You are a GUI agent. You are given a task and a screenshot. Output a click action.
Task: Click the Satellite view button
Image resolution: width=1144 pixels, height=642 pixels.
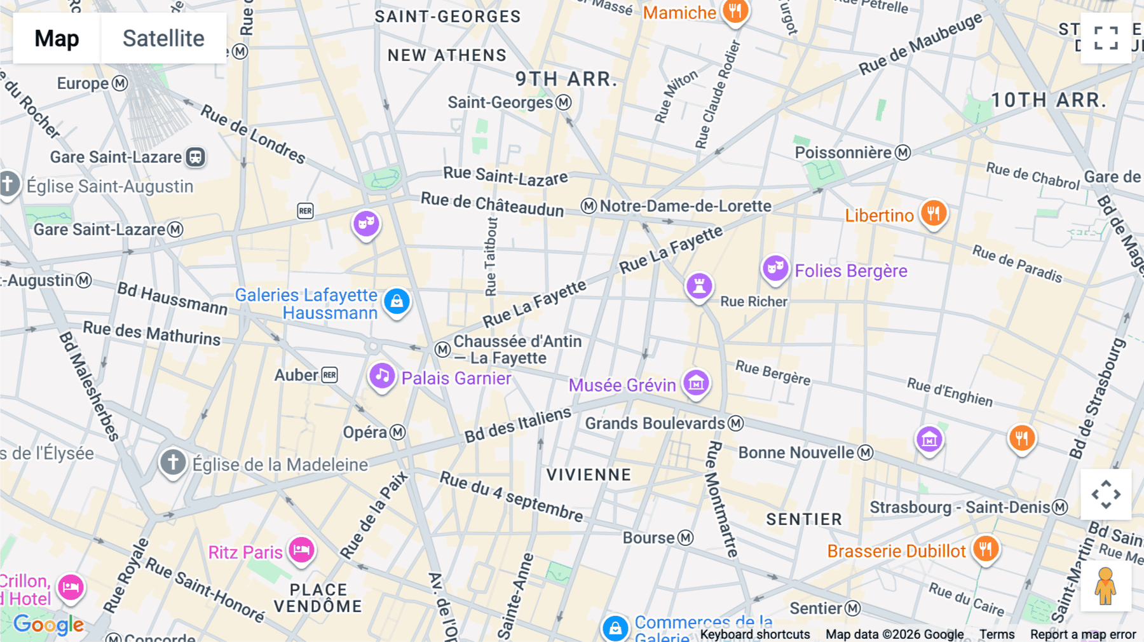pyautogui.click(x=163, y=38)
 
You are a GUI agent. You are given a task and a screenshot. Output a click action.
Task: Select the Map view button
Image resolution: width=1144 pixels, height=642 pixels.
pyautogui.click(x=57, y=38)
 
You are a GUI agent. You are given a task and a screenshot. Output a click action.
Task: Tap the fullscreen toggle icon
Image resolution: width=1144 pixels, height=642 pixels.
pyautogui.click(x=1106, y=38)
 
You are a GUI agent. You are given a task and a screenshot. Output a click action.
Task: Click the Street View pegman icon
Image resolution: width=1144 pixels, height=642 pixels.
pyautogui.click(x=1106, y=585)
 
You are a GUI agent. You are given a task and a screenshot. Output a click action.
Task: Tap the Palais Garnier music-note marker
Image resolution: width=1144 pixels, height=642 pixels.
pyautogui.click(x=382, y=376)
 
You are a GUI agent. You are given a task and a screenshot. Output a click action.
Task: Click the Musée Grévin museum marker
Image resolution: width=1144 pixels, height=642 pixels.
pyautogui.click(x=696, y=383)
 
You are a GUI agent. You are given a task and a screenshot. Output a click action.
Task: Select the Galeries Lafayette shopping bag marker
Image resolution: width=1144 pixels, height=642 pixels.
pyautogui.click(x=397, y=301)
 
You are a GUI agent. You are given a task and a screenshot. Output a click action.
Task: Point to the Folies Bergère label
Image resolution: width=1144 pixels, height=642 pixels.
pyautogui.click(x=850, y=271)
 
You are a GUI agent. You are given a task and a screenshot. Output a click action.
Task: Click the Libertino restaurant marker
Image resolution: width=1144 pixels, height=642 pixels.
pyautogui.click(x=933, y=214)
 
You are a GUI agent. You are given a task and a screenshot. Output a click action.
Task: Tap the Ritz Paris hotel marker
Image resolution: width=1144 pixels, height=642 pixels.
pyautogui.click(x=301, y=549)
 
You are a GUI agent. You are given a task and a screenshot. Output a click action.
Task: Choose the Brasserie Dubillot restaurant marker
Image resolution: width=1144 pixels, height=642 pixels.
pyautogui.click(x=985, y=549)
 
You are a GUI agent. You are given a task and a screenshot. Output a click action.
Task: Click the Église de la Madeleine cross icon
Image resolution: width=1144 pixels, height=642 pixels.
pyautogui.click(x=173, y=462)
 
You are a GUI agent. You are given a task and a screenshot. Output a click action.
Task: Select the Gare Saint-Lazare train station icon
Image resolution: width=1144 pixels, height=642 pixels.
pyautogui.click(x=195, y=157)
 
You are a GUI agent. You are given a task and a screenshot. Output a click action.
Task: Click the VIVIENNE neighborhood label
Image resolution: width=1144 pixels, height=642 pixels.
pyautogui.click(x=589, y=475)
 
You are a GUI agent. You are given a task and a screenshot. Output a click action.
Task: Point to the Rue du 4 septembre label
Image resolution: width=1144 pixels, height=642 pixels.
pyautogui.click(x=511, y=496)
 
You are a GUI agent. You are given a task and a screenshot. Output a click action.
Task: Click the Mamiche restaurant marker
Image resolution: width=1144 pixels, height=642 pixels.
pyautogui.click(x=735, y=11)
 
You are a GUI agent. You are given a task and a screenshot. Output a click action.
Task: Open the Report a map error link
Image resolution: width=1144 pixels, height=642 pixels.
pyautogui.click(x=1082, y=634)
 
